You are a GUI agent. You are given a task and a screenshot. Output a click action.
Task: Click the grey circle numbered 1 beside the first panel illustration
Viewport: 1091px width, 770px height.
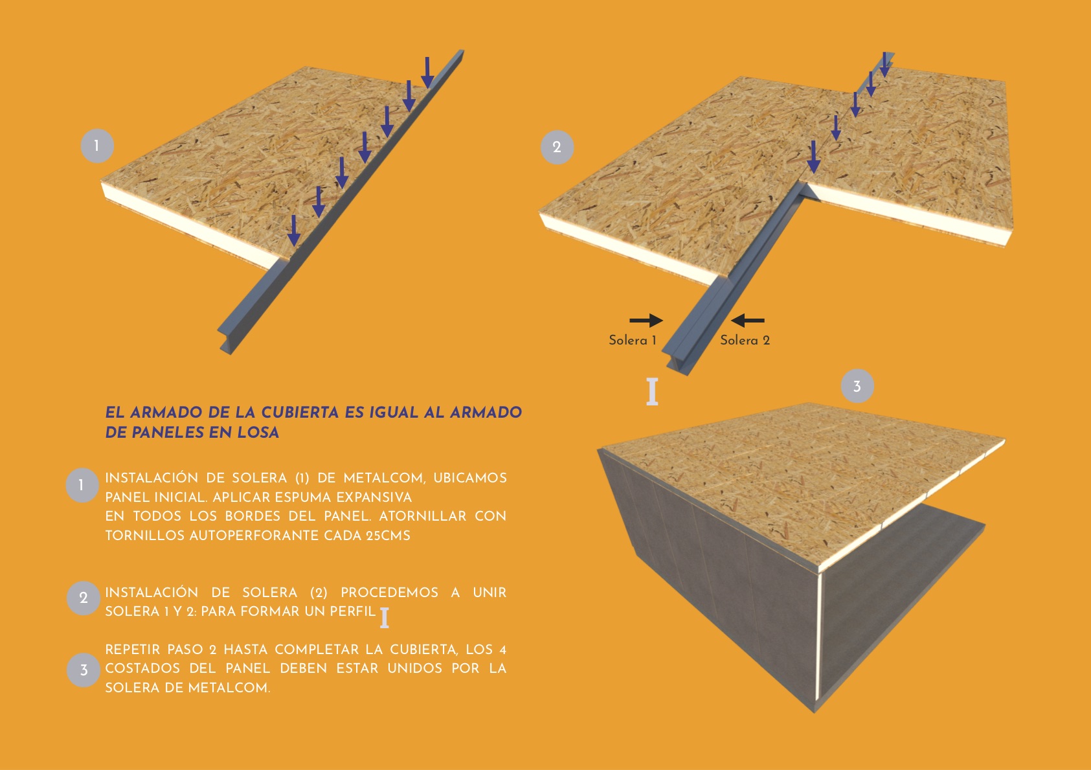[x=97, y=146]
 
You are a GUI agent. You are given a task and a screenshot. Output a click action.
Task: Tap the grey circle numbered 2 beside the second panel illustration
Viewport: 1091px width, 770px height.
[x=557, y=147]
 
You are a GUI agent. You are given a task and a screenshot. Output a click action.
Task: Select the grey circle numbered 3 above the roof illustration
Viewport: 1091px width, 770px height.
[x=857, y=386]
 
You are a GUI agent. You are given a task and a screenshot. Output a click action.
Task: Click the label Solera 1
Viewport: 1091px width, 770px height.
[x=632, y=340]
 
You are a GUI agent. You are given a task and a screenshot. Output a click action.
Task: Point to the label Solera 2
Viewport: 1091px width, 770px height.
[x=745, y=340]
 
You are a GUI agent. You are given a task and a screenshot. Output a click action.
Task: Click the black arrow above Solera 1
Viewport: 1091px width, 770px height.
[x=646, y=320]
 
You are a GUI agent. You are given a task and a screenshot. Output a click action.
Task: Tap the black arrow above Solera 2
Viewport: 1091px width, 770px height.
[x=748, y=320]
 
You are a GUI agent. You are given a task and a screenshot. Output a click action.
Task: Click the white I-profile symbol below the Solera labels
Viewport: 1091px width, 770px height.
[x=652, y=392]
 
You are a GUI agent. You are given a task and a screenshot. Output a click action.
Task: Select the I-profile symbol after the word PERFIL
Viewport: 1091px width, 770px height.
[x=385, y=618]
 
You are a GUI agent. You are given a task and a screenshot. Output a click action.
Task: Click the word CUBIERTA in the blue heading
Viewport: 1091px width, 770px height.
[x=300, y=413]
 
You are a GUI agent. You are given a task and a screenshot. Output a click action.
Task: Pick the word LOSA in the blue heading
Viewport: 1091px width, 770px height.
[x=258, y=433]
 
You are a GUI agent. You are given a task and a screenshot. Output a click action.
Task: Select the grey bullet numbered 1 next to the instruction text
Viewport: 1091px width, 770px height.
[x=82, y=485]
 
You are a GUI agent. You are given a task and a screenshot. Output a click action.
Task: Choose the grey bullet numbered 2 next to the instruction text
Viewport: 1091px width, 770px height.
[x=84, y=598]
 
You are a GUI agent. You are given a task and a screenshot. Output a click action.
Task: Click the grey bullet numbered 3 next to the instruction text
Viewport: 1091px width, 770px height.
[x=84, y=670]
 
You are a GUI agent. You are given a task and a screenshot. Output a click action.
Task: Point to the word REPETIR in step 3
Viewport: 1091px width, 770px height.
[x=133, y=650]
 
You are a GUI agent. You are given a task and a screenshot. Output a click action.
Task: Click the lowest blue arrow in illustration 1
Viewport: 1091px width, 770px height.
[x=294, y=231]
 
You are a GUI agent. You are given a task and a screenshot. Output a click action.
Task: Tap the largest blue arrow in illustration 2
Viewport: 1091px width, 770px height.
[x=813, y=157]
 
